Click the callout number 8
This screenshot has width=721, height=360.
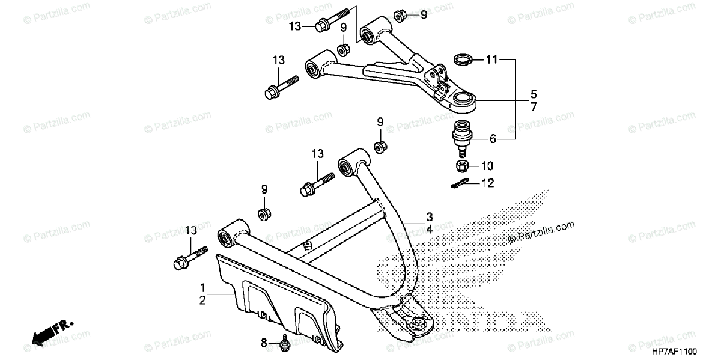[x=264, y=343]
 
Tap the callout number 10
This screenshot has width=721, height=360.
[x=487, y=165]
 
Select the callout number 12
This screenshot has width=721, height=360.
[x=487, y=183]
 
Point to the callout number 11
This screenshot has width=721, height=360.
[x=492, y=59]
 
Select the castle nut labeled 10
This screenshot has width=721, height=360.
[x=461, y=165]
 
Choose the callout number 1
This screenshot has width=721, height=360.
[x=203, y=287]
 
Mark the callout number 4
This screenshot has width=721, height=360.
[x=430, y=228]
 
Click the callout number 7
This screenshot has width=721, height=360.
[x=533, y=106]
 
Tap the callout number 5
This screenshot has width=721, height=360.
[x=533, y=94]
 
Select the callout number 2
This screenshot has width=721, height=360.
[x=203, y=299]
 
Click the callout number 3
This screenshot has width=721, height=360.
[x=430, y=216]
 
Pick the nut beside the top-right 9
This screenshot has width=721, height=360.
[x=400, y=14]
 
